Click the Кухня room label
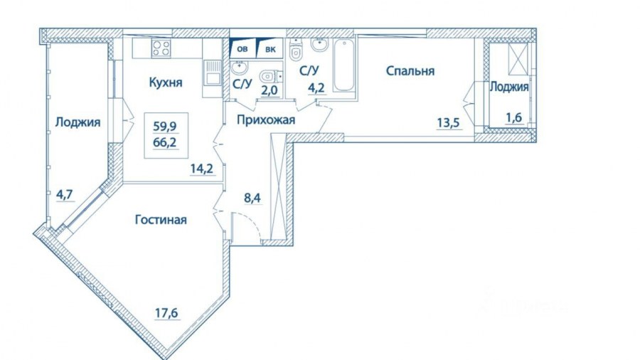tap(165, 83)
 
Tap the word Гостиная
tap(161, 220)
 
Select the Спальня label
tap(410, 71)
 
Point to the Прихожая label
tap(266, 120)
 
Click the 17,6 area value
tap(166, 313)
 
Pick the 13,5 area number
tap(449, 122)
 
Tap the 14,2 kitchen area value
tap(202, 169)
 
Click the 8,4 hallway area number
tap(252, 198)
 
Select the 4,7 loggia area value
tap(65, 194)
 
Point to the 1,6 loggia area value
tap(514, 117)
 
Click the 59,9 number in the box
tap(165, 127)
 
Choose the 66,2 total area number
tap(165, 143)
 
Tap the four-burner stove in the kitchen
tap(161, 48)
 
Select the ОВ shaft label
tap(242, 49)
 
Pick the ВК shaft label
tap(270, 49)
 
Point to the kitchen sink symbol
tap(212, 73)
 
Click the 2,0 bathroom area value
tap(270, 90)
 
